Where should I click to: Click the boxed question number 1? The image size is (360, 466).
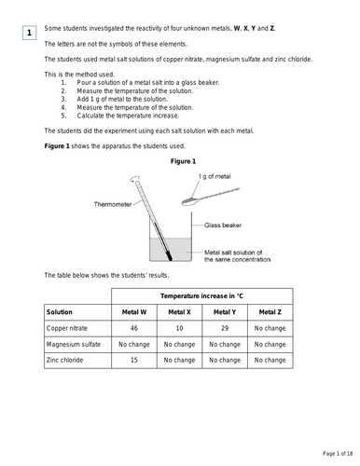[29, 34]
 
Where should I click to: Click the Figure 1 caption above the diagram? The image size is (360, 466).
[186, 160]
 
